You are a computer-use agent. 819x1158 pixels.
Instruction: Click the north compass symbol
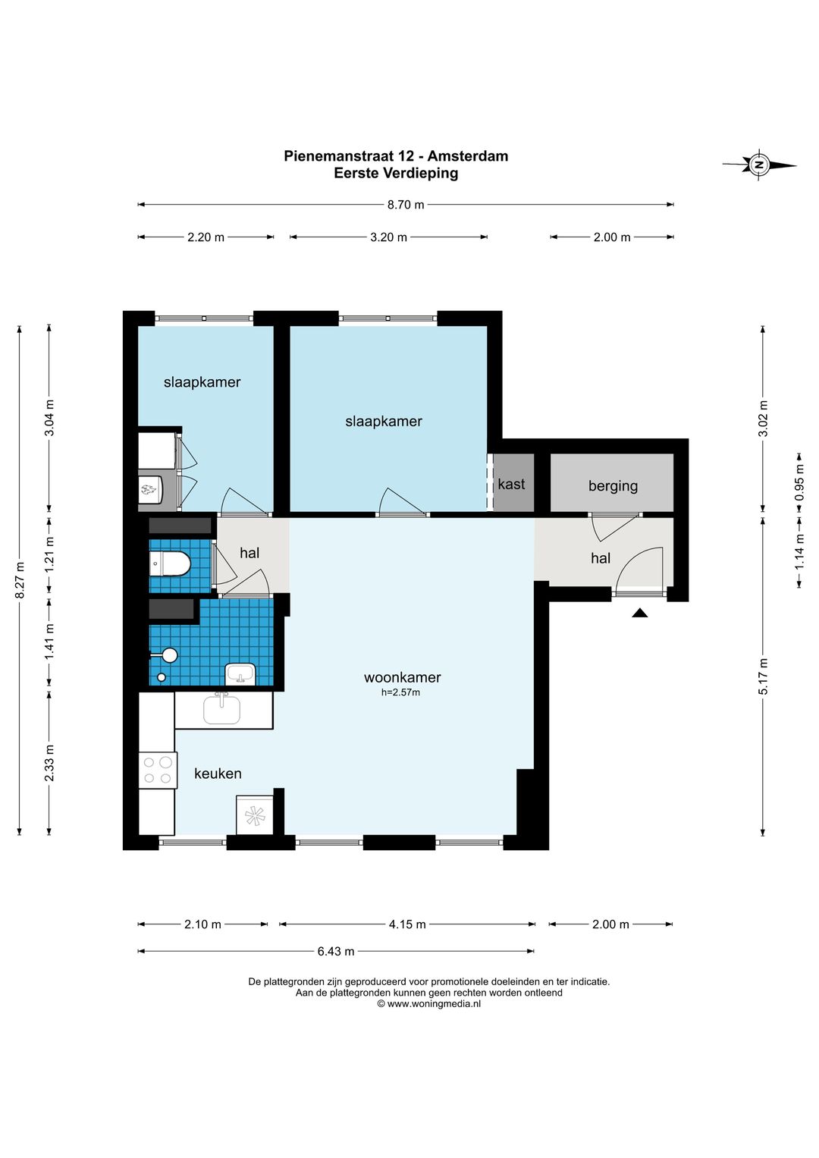coord(759,165)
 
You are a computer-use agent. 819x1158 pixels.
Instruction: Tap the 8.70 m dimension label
coord(406,205)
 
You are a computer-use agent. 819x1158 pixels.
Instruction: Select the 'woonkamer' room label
coord(402,676)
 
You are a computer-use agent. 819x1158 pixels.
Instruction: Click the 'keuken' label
coord(218,774)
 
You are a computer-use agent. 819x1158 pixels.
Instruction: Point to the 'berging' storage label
coord(613,486)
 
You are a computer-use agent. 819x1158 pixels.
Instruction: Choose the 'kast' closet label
coord(511,484)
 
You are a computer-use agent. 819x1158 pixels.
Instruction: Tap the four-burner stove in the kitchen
coord(158,770)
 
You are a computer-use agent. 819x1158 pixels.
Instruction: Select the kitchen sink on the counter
coord(221,709)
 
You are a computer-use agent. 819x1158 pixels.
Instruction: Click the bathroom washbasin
coord(240,675)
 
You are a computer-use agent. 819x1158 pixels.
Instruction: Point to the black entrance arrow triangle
coord(640,613)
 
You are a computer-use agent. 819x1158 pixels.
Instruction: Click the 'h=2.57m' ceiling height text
coord(400,692)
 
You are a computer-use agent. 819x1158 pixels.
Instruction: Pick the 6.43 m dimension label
coord(336,951)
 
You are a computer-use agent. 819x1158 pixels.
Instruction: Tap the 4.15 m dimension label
coord(407,924)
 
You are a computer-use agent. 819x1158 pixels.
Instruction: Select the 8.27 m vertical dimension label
coord(20,579)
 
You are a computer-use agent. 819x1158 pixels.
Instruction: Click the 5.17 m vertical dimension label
coord(763,676)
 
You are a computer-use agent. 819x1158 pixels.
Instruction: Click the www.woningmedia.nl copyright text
coord(428,1004)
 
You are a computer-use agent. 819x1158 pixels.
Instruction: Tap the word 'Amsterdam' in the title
coord(467,156)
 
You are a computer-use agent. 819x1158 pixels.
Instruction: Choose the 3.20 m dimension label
coord(389,237)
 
